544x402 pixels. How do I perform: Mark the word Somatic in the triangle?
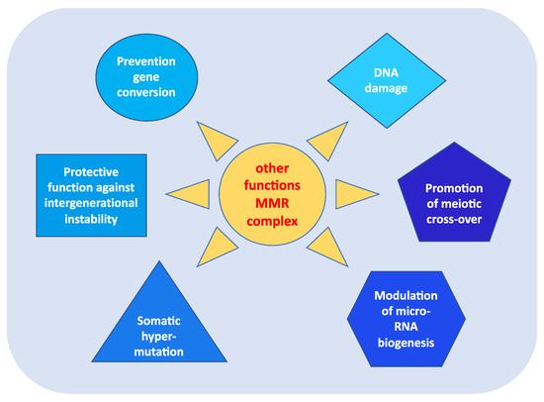(x=160, y=321)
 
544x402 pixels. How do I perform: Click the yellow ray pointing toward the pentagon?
(x=347, y=192)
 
